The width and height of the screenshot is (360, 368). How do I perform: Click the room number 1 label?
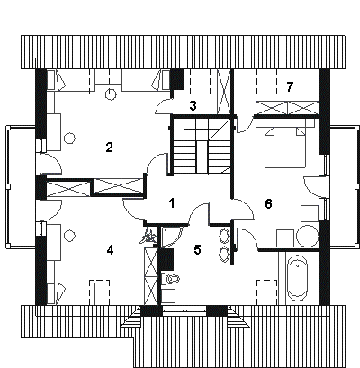click(172, 203)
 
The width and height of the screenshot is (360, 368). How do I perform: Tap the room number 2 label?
click(109, 148)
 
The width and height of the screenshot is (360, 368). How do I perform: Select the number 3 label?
click(193, 105)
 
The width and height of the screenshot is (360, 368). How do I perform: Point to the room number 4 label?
click(110, 250)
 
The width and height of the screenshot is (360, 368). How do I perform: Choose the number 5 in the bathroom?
click(197, 249)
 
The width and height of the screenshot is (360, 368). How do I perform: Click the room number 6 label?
click(268, 204)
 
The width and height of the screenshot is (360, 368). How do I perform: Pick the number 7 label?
click(289, 87)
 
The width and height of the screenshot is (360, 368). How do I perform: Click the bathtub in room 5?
click(297, 278)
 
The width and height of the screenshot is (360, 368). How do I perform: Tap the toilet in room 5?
click(170, 279)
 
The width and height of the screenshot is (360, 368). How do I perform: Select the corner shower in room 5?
click(170, 237)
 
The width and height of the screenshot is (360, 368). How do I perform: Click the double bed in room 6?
click(285, 143)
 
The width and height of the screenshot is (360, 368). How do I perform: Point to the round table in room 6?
click(307, 236)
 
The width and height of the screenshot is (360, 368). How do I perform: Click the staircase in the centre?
click(202, 146)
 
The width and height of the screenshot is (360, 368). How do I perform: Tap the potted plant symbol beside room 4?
click(148, 236)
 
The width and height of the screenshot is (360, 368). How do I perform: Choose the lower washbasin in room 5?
click(224, 255)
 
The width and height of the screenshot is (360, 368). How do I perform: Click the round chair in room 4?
click(69, 235)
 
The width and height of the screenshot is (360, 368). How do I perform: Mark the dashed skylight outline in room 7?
click(266, 81)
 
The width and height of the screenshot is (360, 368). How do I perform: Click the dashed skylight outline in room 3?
click(201, 82)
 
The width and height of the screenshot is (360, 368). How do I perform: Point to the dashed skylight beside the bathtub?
click(266, 292)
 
